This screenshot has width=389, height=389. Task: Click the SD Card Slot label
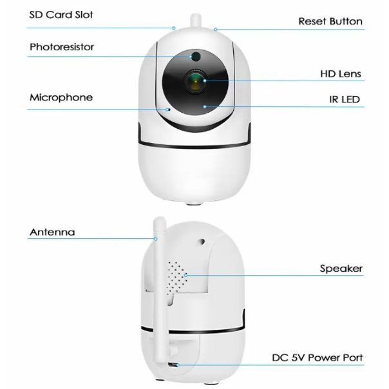coord(61,15)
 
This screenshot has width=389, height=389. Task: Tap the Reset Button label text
coord(330,21)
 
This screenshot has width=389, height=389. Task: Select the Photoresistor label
coord(62,47)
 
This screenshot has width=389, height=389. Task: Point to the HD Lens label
coord(341,73)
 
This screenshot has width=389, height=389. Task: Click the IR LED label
coord(345,99)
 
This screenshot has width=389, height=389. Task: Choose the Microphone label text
coord(61,97)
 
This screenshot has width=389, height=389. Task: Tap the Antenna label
coord(52,232)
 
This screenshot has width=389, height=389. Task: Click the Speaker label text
coord(341,269)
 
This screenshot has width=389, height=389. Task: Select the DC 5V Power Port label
coord(318,357)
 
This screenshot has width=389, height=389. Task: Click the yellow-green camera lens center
coord(196,82)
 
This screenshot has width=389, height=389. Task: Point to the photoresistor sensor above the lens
coord(196,56)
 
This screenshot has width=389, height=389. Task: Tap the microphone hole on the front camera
coord(169,109)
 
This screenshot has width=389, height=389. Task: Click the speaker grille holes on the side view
coord(177,278)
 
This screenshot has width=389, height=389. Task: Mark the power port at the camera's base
coord(174,365)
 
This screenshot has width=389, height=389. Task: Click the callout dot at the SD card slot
coord(174,28)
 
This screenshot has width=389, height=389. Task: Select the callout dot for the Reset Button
coord(215,30)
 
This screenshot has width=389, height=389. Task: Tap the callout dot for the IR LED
coord(205,107)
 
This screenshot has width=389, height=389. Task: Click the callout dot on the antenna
coord(156,239)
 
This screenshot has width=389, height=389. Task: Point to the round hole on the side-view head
coord(202,241)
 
